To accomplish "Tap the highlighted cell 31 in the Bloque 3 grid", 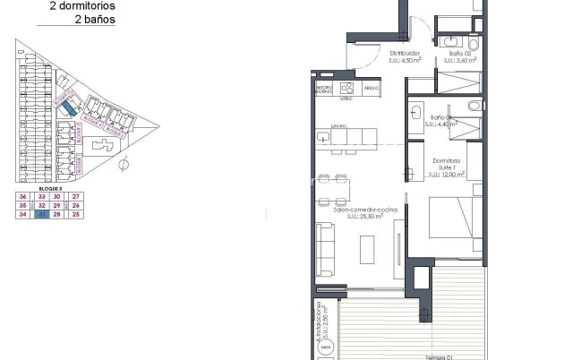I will [x=42, y=215].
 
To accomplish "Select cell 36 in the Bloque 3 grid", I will [x=21, y=196].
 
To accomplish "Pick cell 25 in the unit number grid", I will [x=76, y=215].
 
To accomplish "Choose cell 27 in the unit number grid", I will [x=76, y=196].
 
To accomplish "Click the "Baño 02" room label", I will [x=461, y=54].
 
